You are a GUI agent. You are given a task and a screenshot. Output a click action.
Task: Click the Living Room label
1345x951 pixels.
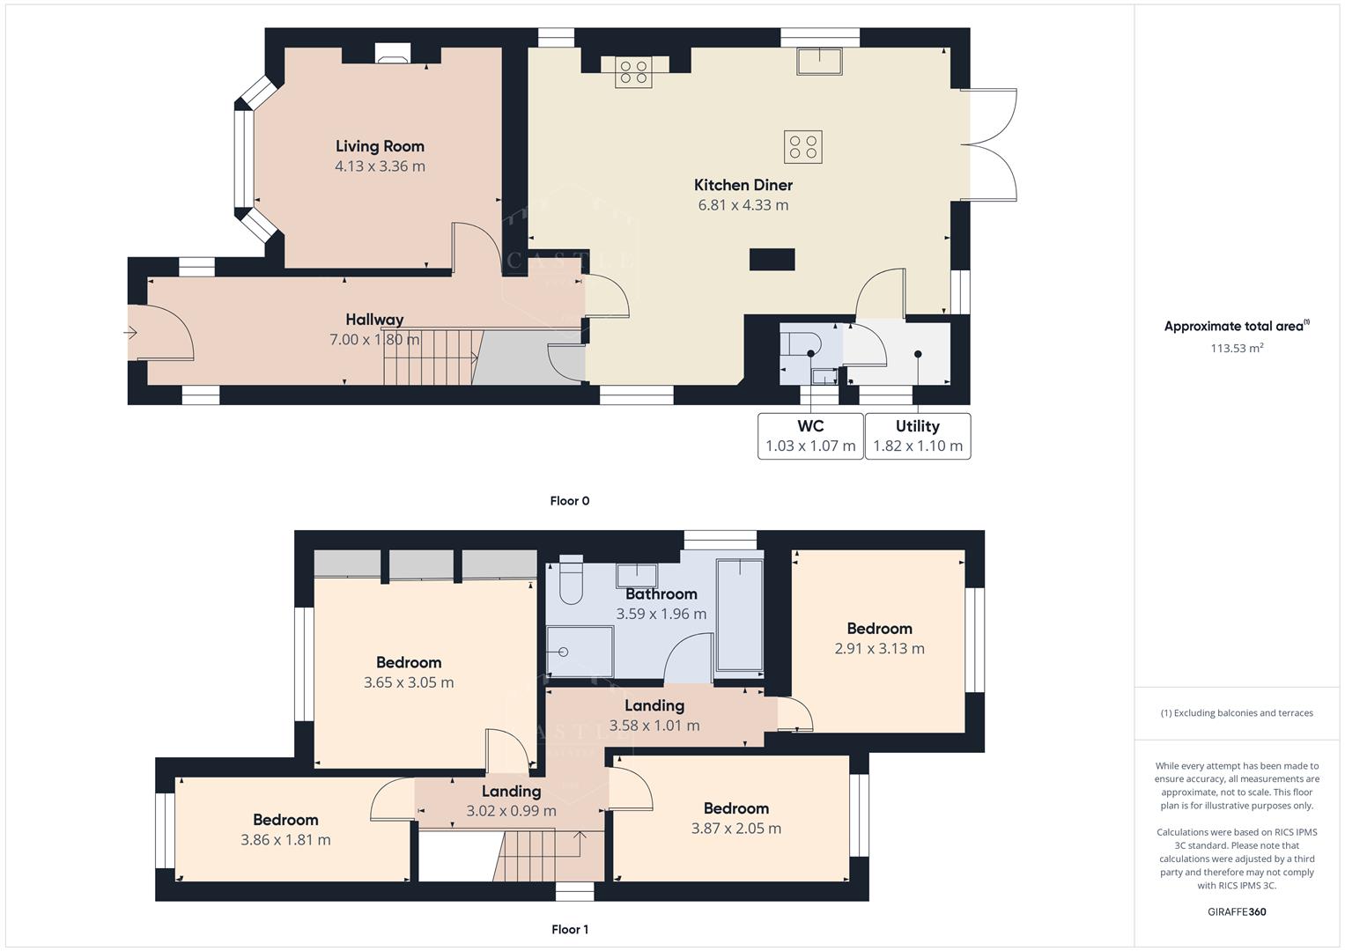(x=380, y=146)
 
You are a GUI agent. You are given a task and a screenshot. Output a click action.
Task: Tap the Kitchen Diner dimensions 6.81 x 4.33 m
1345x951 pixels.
(x=743, y=205)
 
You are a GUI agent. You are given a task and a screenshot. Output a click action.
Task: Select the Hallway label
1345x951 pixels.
(x=374, y=320)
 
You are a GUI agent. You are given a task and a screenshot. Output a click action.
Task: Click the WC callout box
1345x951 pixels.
(x=810, y=436)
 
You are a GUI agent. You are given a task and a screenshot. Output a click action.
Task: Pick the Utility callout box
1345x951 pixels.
(x=918, y=436)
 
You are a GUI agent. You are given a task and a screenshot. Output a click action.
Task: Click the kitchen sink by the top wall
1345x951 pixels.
(x=819, y=62)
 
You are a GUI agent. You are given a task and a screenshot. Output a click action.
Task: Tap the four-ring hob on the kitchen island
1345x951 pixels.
(x=802, y=147)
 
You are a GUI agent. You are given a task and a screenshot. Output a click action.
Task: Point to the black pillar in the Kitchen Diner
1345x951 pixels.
(x=772, y=259)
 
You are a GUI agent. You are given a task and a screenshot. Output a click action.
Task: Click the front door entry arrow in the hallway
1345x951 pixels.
(x=131, y=333)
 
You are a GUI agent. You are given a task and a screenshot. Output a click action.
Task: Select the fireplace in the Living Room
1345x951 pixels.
(x=391, y=55)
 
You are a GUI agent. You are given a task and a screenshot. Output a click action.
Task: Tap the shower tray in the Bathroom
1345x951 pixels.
(x=580, y=652)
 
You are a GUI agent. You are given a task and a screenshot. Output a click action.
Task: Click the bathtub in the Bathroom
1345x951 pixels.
(x=740, y=613)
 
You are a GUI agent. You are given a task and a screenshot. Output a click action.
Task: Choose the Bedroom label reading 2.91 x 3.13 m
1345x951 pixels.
(x=879, y=629)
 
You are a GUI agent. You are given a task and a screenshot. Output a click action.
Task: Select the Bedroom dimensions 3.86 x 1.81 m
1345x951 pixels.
(x=285, y=840)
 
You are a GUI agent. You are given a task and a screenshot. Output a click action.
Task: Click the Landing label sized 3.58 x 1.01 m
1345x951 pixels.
(x=654, y=705)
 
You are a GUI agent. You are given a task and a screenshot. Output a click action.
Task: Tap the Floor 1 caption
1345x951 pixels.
(x=569, y=929)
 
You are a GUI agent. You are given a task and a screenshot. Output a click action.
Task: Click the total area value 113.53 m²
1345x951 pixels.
(x=1236, y=348)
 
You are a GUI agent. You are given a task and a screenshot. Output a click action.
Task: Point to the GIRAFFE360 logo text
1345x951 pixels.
(x=1238, y=911)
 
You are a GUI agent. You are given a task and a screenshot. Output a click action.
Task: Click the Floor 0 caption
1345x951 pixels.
(x=569, y=501)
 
